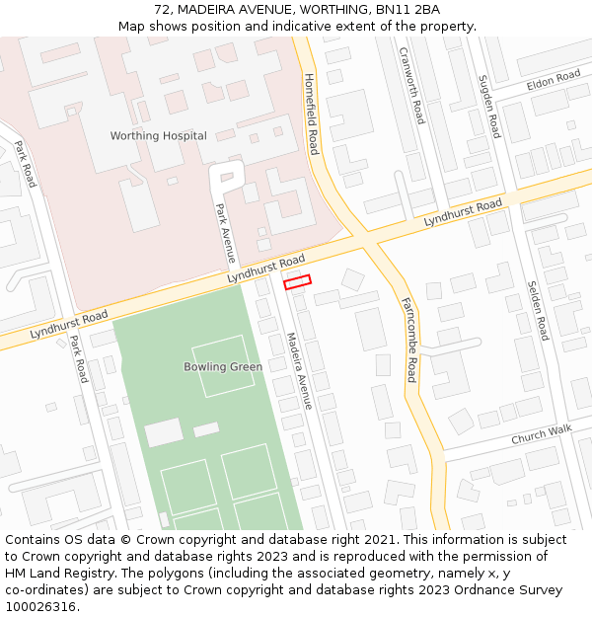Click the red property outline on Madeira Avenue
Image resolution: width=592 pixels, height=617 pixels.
[x=297, y=282]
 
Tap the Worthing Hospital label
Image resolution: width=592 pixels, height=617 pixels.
[x=158, y=136]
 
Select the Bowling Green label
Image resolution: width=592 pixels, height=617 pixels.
[x=223, y=367]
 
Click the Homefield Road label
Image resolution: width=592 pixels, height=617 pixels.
[x=312, y=114]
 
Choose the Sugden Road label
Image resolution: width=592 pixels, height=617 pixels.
[x=489, y=106]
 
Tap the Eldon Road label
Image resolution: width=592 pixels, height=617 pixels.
[x=554, y=79]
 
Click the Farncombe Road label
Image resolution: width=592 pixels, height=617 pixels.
[x=409, y=341]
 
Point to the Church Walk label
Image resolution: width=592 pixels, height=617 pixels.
[x=541, y=435]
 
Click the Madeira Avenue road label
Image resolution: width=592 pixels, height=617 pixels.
[x=299, y=371]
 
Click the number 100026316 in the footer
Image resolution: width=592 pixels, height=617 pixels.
[x=41, y=607]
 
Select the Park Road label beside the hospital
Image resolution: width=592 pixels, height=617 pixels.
[x=25, y=164]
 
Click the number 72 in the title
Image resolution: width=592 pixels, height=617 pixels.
[x=162, y=10]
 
